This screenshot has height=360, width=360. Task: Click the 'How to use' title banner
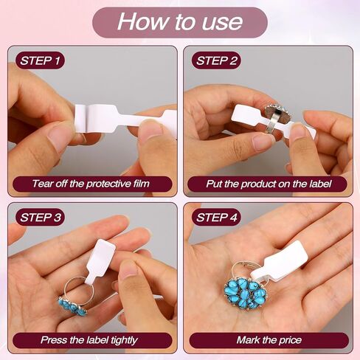coord(180,22)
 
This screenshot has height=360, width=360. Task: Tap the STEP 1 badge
coord(40,60)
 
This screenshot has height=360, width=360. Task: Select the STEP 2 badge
coord(216,60)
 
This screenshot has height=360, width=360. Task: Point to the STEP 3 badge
coord(40,218)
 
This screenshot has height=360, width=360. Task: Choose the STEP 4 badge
coord(216,218)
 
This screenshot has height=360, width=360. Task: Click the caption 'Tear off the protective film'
coord(91,184)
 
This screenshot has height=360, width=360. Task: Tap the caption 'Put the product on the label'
coord(269,184)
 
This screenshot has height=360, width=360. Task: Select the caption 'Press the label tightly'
coord(89,340)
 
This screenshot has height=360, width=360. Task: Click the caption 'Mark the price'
coord(269,340)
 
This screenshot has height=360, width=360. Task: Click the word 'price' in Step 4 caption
coord(291,341)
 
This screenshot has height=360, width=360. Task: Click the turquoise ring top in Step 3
coord(72,306)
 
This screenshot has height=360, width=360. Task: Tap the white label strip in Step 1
coord(125,119)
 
